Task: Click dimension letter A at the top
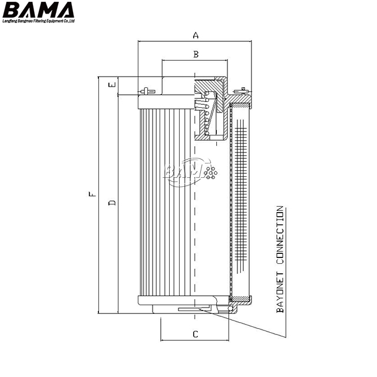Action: click(196, 35)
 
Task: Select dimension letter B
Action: click(196, 54)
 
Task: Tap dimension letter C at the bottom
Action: click(195, 335)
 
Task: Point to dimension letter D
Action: click(111, 203)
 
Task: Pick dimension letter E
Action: click(111, 85)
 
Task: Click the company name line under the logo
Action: click(39, 22)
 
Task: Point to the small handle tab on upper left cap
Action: click(147, 91)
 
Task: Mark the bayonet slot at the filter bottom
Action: click(188, 308)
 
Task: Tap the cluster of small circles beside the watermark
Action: click(211, 171)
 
